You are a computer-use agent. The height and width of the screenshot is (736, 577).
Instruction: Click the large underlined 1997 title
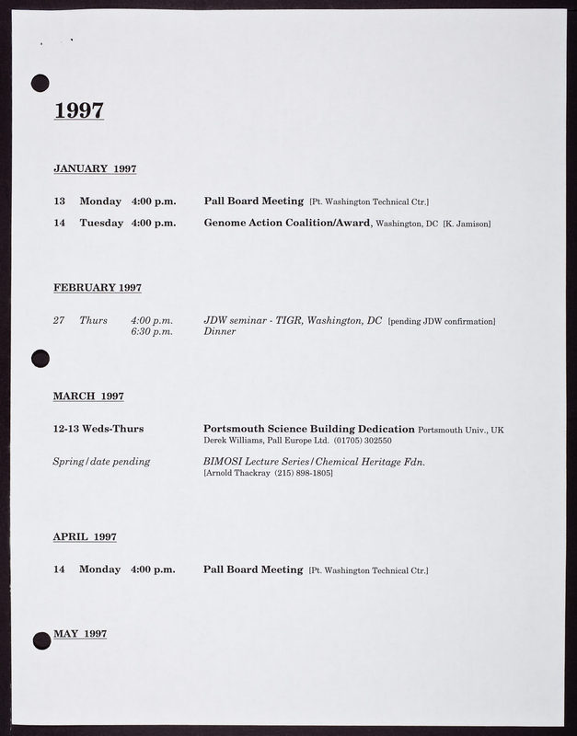click(79, 110)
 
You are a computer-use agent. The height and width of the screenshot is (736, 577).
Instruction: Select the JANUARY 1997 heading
click(95, 168)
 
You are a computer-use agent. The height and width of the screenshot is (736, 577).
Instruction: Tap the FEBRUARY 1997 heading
click(98, 288)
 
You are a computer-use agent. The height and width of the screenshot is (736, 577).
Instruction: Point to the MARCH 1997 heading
click(88, 396)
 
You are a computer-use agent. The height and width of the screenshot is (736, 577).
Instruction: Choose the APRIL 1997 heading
click(85, 536)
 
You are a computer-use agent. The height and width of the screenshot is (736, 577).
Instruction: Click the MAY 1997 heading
click(80, 634)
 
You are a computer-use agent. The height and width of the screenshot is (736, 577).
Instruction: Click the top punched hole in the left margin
click(40, 84)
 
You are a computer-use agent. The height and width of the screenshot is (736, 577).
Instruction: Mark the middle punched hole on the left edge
click(40, 357)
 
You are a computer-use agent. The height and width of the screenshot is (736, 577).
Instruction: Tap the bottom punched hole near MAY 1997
click(41, 640)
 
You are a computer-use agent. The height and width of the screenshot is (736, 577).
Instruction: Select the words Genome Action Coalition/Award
click(287, 223)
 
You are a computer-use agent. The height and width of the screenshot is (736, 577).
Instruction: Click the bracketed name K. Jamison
click(467, 224)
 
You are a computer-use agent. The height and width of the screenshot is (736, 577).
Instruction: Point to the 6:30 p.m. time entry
click(152, 331)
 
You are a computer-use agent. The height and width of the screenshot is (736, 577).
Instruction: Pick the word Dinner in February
click(219, 331)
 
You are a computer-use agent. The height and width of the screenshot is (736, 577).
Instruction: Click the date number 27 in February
click(59, 320)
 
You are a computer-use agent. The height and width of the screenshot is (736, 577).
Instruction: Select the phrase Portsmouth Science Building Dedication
click(308, 429)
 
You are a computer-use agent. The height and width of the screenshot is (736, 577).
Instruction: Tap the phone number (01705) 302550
click(363, 441)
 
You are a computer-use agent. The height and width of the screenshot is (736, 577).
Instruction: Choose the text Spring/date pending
click(101, 461)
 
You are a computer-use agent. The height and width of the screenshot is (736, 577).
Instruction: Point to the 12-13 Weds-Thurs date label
click(98, 429)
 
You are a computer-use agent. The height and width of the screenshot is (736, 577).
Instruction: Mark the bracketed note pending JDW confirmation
click(442, 321)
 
